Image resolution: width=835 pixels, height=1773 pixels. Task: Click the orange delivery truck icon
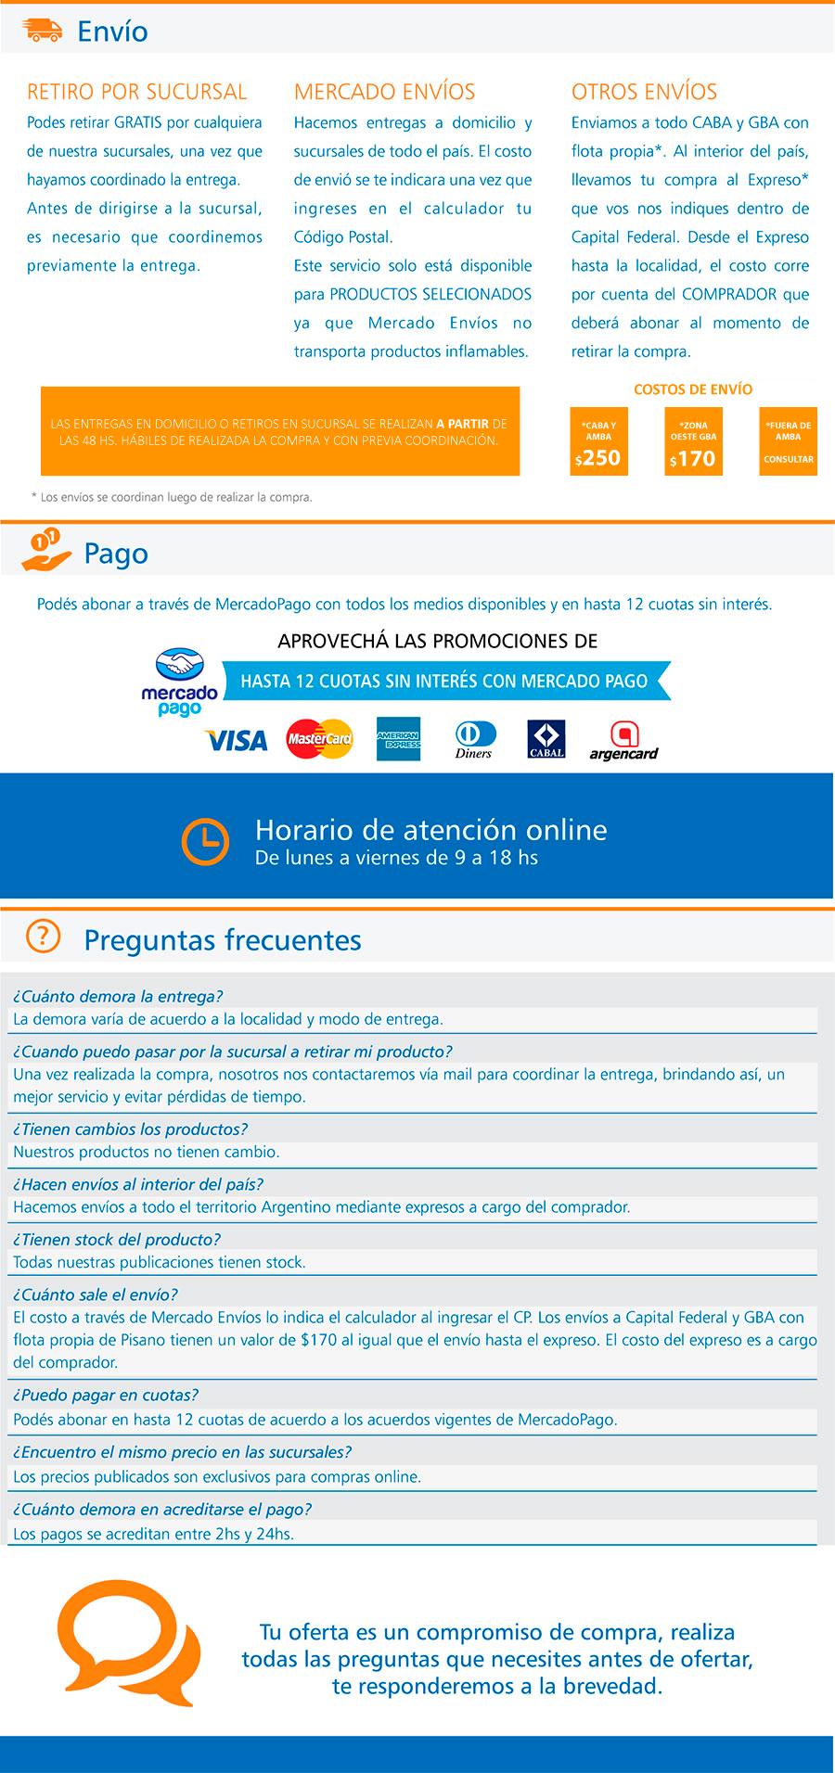tap(42, 31)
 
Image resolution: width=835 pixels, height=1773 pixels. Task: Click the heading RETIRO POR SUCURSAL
tap(137, 92)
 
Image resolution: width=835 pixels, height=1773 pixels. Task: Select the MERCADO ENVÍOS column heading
tap(384, 92)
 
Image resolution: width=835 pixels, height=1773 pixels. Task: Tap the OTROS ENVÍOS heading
tap(644, 92)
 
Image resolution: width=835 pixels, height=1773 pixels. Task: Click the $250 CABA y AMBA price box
tap(598, 442)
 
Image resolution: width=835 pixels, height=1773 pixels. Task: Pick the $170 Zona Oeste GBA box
tap(693, 442)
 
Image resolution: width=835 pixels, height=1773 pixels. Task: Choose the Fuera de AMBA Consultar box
tap(788, 442)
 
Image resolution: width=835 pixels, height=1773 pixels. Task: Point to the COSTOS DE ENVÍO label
tap(693, 389)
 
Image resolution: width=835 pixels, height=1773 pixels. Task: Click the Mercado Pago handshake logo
tap(179, 682)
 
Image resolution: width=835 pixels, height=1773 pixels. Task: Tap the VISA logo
tap(237, 740)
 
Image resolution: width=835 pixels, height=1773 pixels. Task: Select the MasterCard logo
tap(319, 739)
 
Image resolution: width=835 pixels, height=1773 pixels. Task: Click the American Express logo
tap(398, 739)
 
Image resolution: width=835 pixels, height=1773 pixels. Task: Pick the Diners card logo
tap(474, 739)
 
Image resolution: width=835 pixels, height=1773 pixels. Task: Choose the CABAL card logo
tap(546, 739)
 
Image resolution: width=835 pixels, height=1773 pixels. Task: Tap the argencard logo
tap(623, 740)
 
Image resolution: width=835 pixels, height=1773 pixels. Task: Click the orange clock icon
tap(205, 841)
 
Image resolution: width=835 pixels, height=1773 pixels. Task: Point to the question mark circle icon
tap(43, 937)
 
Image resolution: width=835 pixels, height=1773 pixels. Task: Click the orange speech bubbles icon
tap(128, 1644)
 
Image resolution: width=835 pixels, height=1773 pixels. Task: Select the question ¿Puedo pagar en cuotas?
tap(106, 1395)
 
